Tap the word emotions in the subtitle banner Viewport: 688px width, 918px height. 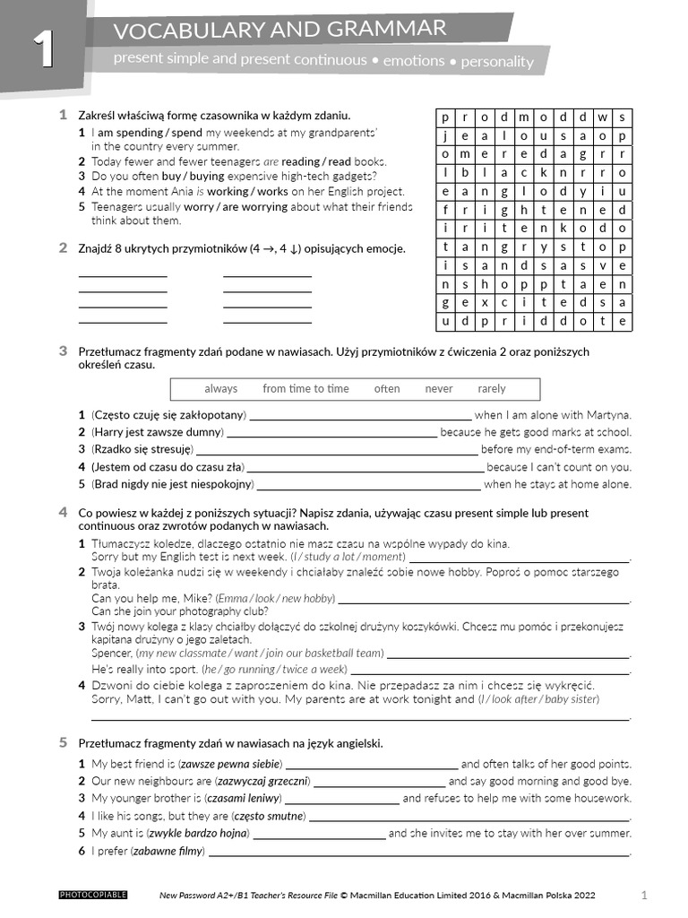pos(414,61)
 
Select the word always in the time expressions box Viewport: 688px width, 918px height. pos(220,389)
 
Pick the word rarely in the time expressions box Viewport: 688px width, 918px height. pos(492,389)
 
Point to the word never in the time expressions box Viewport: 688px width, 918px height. pos(439,389)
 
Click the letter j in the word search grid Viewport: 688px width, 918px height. pos(445,135)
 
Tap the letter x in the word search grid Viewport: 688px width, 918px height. pos(485,302)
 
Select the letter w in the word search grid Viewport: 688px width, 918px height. pos(602,117)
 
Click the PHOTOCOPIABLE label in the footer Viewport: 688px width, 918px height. pos(93,895)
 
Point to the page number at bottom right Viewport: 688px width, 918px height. pos(644,895)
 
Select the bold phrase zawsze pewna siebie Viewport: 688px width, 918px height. pos(231,765)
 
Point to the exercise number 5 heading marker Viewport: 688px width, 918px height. pos(63,742)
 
